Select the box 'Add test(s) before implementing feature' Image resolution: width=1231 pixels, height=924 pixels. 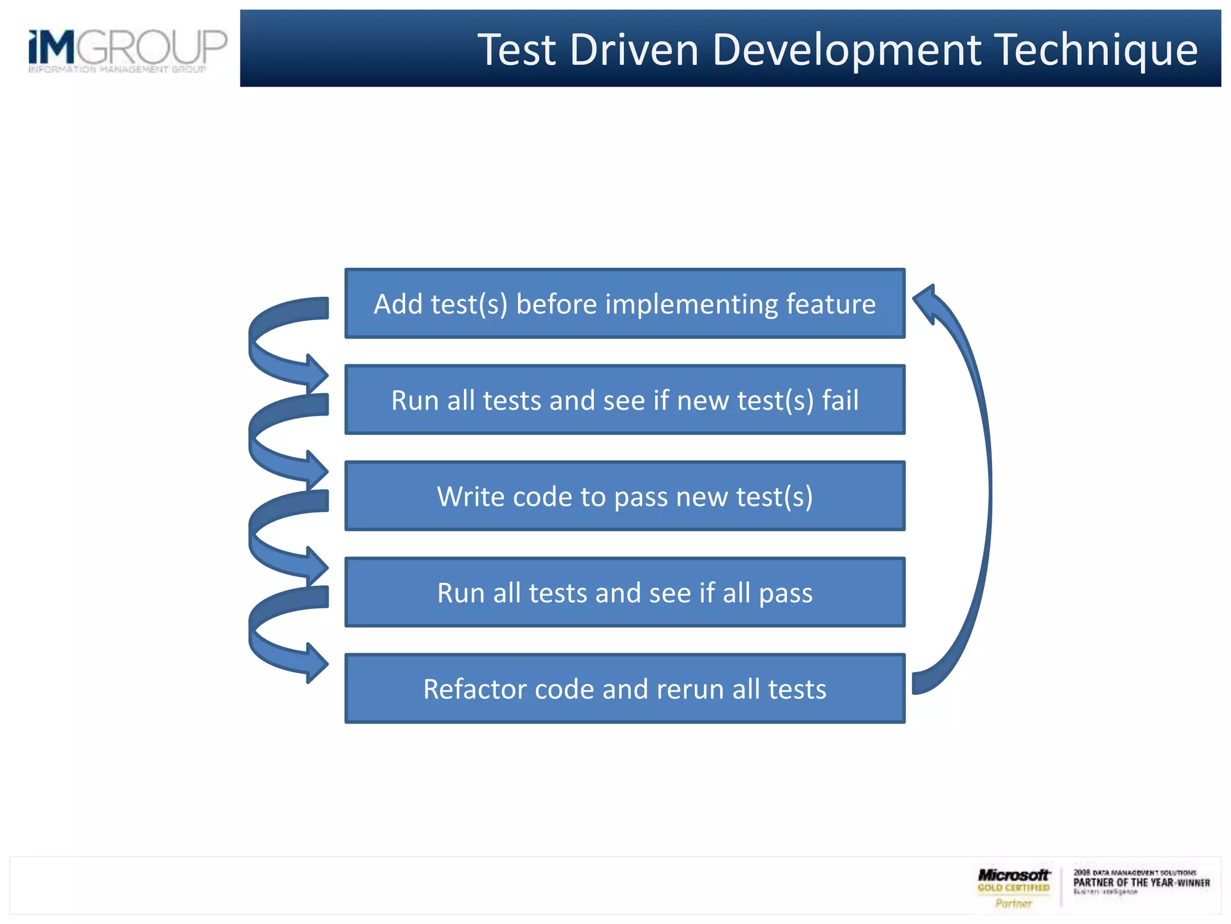tap(625, 303)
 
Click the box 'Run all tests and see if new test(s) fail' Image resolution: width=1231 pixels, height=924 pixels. tap(625, 399)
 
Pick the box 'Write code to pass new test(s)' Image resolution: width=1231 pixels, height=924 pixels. tap(625, 496)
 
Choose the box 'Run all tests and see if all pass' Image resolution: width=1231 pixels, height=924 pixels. tap(625, 592)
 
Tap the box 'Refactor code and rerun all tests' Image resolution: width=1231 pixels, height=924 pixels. tap(625, 688)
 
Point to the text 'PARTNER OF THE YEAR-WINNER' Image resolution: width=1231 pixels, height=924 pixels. tap(1141, 882)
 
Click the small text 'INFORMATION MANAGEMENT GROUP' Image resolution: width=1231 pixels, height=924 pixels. tap(117, 70)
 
